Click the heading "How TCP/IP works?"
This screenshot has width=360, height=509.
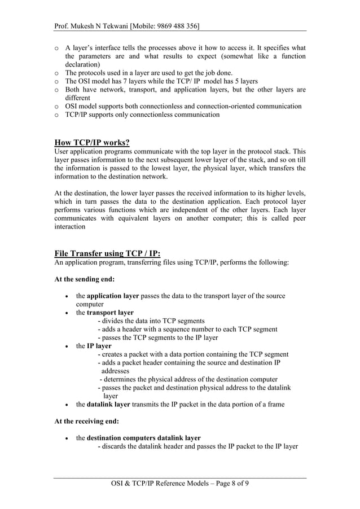pyautogui.click(x=92, y=142)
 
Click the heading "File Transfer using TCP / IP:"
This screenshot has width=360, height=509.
pyautogui.click(x=107, y=253)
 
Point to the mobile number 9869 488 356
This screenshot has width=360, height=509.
pyautogui.click(x=178, y=26)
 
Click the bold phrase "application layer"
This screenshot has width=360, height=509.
pyautogui.click(x=113, y=296)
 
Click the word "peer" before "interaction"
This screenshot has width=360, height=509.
pyautogui.click(x=297, y=218)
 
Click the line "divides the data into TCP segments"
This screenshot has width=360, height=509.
pyautogui.click(x=153, y=321)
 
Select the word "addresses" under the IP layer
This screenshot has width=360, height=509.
pyautogui.click(x=115, y=371)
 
